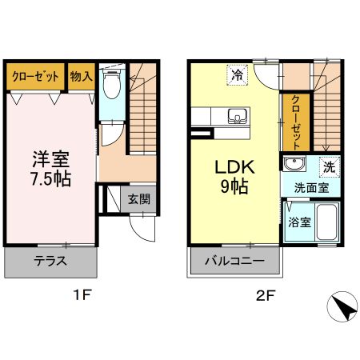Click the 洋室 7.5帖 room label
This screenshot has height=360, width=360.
click(x=50, y=167)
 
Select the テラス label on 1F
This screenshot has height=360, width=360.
click(x=50, y=261)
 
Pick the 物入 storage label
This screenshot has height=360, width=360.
click(x=82, y=77)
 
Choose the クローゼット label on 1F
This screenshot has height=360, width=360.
click(x=36, y=77)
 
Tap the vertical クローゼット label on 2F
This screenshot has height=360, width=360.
click(x=296, y=122)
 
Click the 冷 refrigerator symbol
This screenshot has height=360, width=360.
click(x=238, y=76)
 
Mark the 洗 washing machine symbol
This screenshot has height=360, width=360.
click(x=328, y=167)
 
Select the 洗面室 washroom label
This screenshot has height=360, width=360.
click(x=311, y=190)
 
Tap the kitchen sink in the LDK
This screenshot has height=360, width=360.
click(x=238, y=116)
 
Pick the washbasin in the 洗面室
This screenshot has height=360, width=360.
click(x=294, y=166)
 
